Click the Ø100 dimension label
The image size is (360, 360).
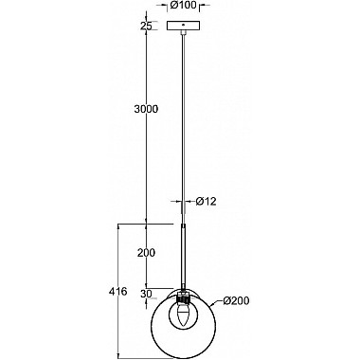[x=183, y=5]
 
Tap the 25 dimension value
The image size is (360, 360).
[x=146, y=26]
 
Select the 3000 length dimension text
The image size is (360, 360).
[x=146, y=109]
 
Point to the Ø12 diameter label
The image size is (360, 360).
[x=206, y=201]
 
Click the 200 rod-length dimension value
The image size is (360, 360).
[x=146, y=252]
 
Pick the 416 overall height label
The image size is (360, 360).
[x=117, y=292]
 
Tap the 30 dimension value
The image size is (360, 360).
[x=146, y=294]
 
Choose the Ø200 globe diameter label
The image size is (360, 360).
[x=236, y=301]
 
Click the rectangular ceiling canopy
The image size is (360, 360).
[x=184, y=26]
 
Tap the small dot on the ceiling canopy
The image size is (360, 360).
[x=184, y=24]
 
